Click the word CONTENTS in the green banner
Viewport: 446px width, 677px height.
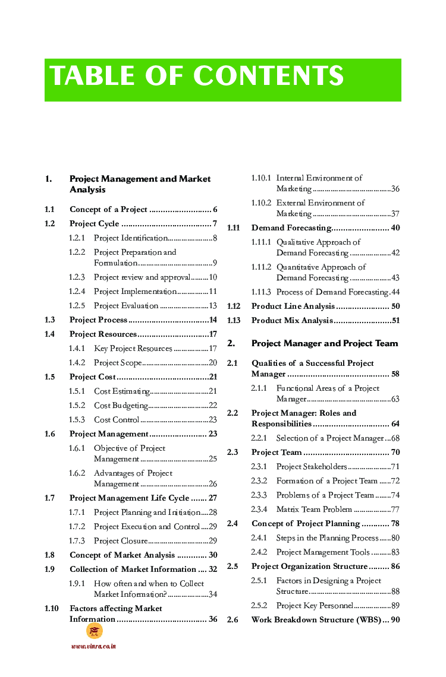point(268,77)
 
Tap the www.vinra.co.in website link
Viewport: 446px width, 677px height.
point(93,646)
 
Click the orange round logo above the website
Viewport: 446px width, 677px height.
point(94,631)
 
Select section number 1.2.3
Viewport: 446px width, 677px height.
point(77,277)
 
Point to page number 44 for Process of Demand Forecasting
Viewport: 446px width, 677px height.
point(395,292)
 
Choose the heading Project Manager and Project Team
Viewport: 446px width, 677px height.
point(325,343)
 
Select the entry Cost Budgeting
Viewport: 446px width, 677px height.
point(121,406)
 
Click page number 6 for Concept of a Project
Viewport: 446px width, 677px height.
point(215,210)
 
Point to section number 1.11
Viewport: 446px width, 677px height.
point(233,228)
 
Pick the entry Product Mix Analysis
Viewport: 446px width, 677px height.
point(291,321)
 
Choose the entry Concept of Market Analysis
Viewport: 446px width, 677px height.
point(122,555)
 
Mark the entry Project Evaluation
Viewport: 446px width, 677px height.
point(126,306)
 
